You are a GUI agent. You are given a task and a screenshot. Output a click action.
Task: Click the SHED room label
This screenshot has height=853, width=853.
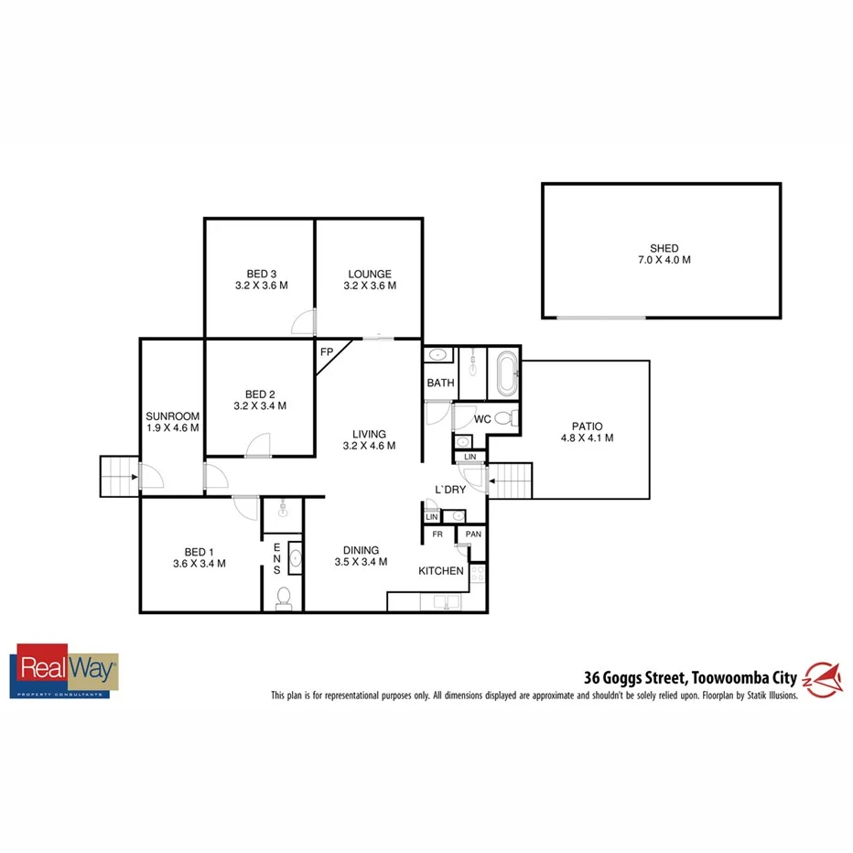tap(664, 248)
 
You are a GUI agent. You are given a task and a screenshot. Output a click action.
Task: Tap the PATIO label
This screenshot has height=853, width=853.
tap(592, 426)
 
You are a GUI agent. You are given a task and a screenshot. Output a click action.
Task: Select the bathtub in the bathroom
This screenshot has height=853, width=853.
tap(505, 373)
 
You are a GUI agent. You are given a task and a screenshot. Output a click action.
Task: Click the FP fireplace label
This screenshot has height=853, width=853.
tap(327, 351)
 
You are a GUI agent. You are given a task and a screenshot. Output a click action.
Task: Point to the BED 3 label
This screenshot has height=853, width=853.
tap(261, 274)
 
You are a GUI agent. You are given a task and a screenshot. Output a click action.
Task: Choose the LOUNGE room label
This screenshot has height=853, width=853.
tap(369, 274)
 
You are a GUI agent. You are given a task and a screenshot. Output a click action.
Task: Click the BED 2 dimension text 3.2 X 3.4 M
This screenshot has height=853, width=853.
tap(261, 405)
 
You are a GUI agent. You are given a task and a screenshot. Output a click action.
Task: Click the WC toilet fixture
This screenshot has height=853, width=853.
tap(513, 419)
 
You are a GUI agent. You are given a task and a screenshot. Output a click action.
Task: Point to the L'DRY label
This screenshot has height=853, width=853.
tap(450, 490)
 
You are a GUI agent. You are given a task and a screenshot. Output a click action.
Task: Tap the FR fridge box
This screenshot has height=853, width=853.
tap(437, 534)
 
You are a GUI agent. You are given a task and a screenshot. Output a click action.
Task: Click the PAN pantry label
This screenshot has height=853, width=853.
tap(473, 534)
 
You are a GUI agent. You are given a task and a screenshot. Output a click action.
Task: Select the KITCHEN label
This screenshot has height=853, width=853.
tap(441, 571)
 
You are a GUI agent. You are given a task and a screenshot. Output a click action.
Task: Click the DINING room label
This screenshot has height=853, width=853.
tap(362, 550)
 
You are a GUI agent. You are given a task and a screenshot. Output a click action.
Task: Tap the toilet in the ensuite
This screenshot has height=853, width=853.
tap(285, 598)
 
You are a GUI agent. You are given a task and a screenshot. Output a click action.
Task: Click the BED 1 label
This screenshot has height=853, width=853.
tap(199, 552)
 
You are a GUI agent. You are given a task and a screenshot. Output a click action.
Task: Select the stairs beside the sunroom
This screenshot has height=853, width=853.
tap(116, 475)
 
